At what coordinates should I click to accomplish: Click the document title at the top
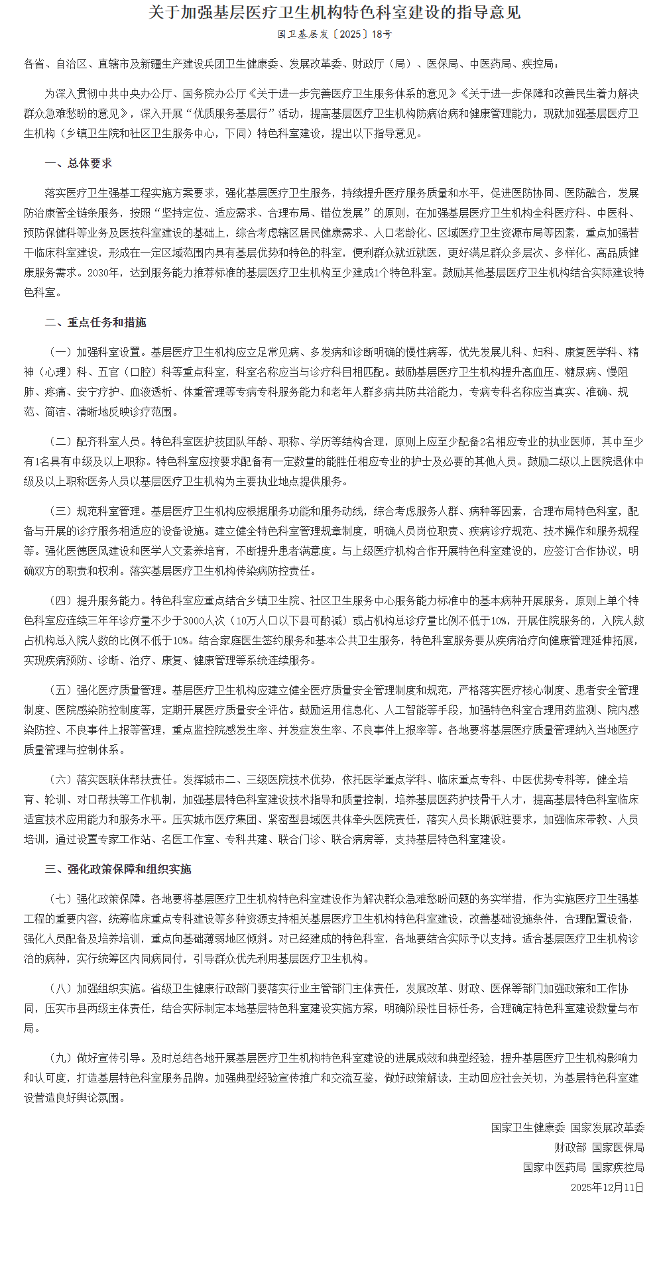[334, 13]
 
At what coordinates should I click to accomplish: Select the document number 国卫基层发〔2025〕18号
[334, 34]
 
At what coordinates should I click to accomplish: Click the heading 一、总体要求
[78, 163]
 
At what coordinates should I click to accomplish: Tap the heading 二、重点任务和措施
[95, 322]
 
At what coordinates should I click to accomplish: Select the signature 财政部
[570, 1147]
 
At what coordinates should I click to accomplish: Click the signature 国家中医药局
[554, 1167]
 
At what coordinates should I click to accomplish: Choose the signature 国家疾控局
[618, 1167]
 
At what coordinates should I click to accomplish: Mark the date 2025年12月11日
[607, 1187]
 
